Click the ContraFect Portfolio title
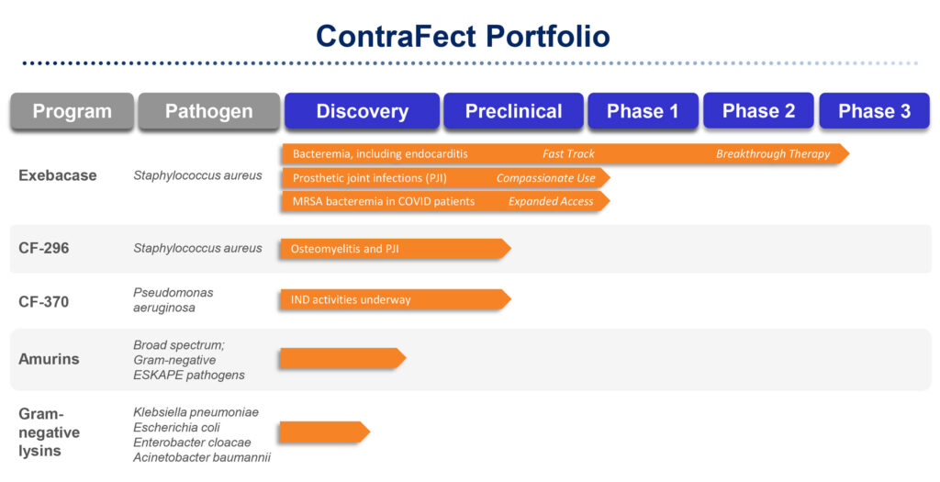(463, 36)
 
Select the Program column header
(72, 111)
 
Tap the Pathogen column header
(208, 111)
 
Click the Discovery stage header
(362, 111)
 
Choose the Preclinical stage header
(513, 111)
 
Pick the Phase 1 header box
(643, 111)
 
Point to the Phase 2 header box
(758, 110)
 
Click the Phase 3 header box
(874, 111)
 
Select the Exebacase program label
(58, 175)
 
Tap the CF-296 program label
(44, 248)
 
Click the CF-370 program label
(44, 301)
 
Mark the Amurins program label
(49, 359)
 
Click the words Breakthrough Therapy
(773, 154)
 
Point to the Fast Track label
(568, 154)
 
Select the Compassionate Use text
(545, 178)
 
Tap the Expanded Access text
(551, 201)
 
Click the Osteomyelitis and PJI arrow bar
(396, 249)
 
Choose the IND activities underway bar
(396, 299)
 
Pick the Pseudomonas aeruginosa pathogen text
(173, 299)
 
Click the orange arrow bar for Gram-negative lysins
(325, 432)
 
